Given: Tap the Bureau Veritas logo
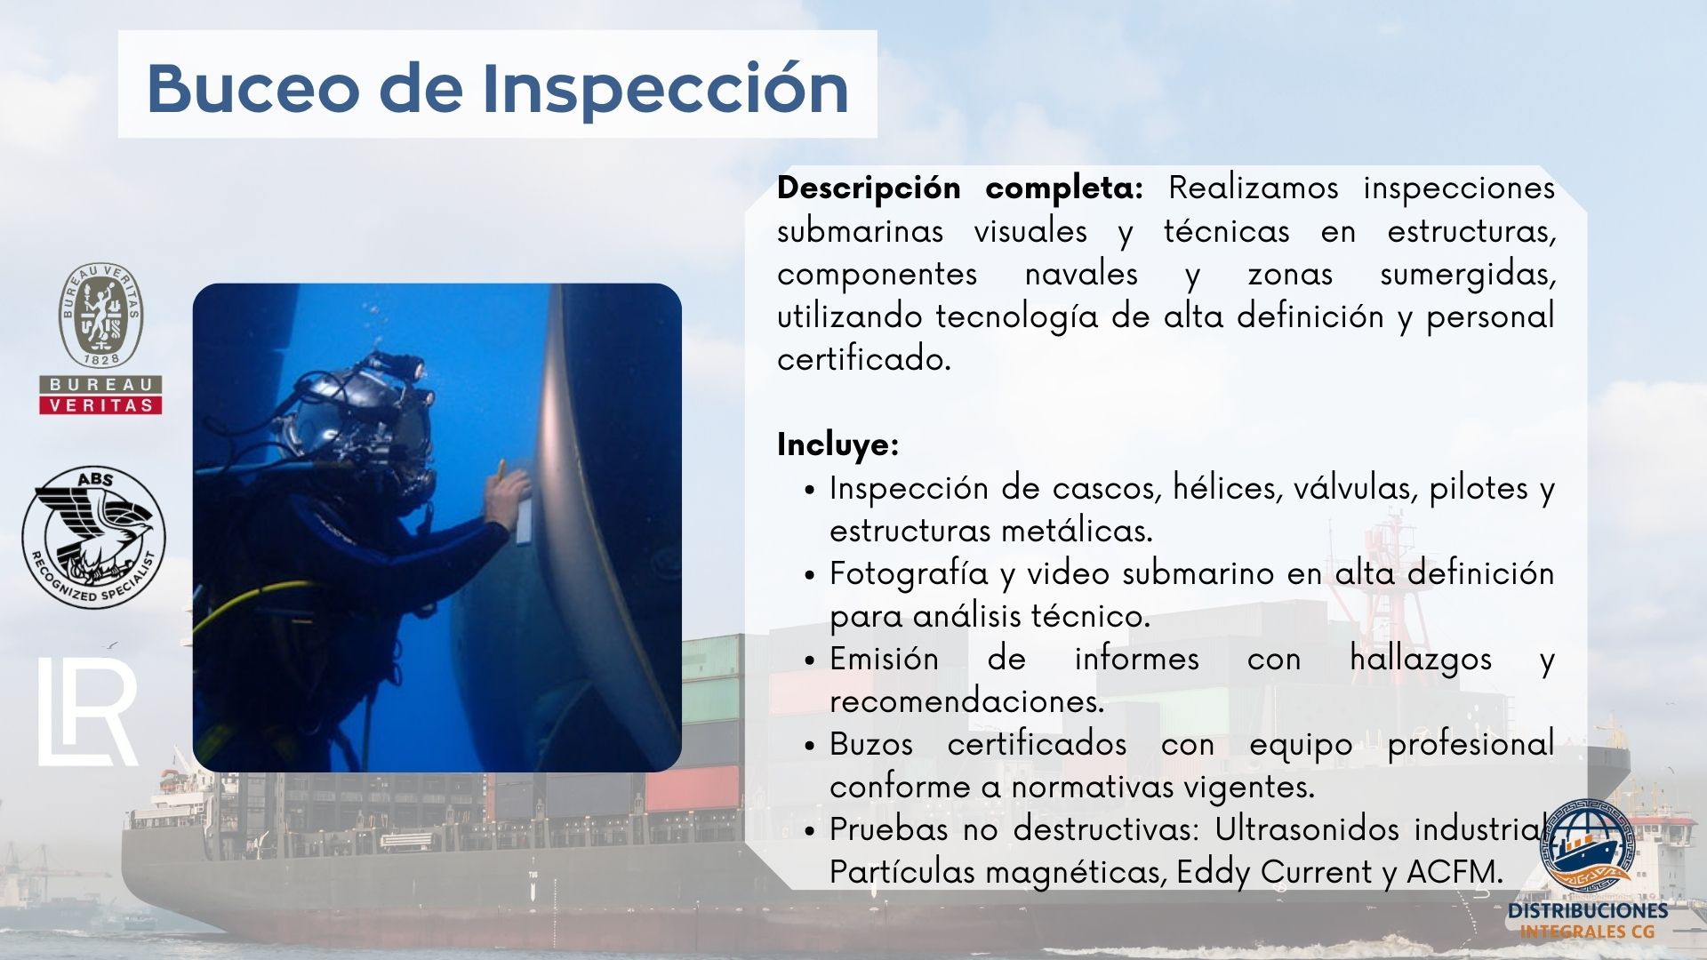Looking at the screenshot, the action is pos(100,338).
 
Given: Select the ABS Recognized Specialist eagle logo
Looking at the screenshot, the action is pos(93,538).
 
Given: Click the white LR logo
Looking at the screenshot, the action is pos(88,712).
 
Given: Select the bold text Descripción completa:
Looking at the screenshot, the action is pos(960,188).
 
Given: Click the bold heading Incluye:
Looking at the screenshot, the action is pos(837,444).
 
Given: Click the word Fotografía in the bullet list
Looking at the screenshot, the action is pos(909,574).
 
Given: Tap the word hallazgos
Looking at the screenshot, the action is pos(1421,660).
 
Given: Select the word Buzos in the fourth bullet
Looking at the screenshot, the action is pos(871,743).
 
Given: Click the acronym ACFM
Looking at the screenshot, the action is pos(1455,871).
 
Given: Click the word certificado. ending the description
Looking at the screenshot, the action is pos(864,359).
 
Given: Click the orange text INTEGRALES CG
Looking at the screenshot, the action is pos(1588,932).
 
